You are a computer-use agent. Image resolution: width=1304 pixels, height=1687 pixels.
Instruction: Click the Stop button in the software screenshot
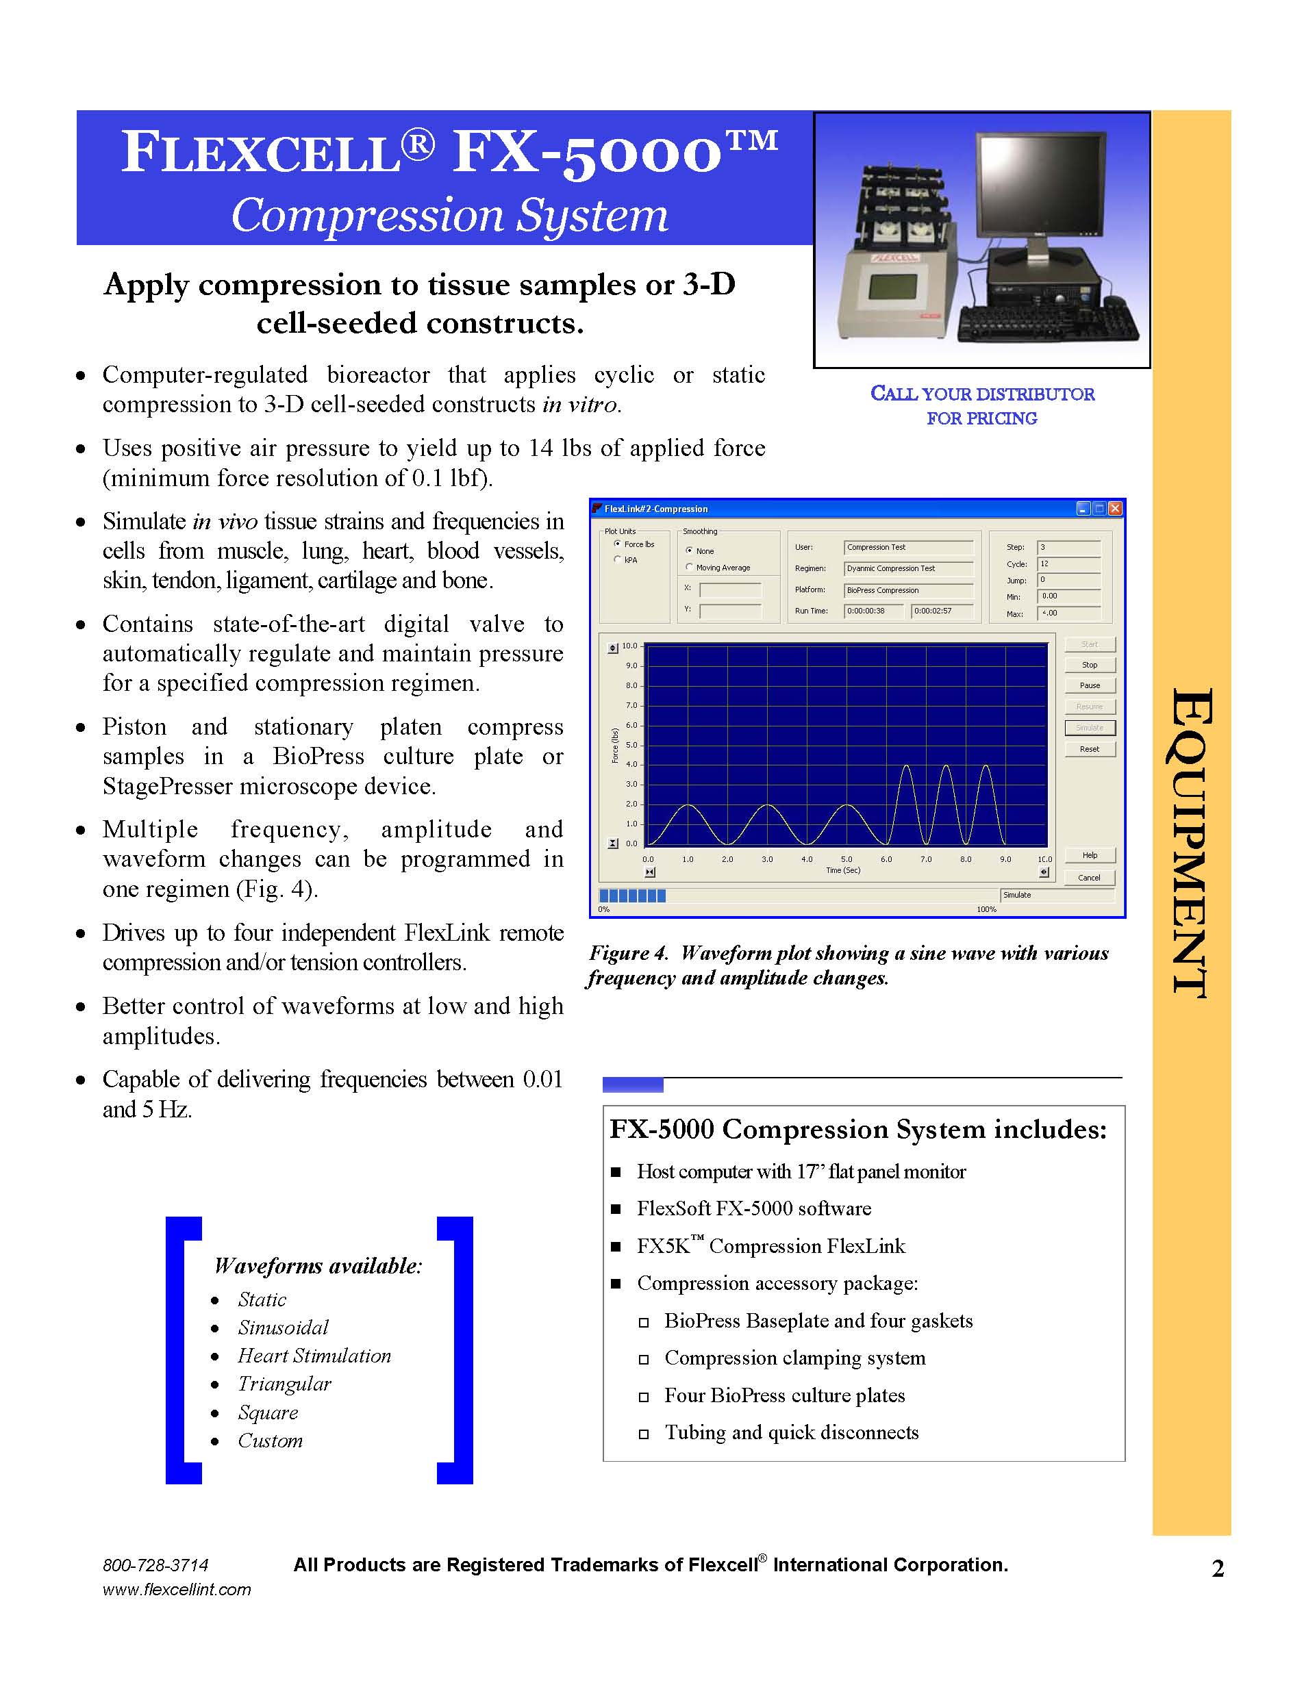tap(1089, 665)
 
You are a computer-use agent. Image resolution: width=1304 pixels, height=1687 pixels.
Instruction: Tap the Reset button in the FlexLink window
tap(1089, 749)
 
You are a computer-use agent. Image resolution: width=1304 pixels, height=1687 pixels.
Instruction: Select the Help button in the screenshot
tap(1089, 855)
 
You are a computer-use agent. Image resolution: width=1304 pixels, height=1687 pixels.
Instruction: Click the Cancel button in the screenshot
tap(1089, 878)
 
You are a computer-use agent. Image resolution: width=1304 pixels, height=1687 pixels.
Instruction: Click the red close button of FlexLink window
tap(1115, 508)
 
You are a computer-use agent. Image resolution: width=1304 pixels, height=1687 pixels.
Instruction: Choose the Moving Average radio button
tap(689, 567)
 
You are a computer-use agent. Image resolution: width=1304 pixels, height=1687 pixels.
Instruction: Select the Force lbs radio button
tap(617, 544)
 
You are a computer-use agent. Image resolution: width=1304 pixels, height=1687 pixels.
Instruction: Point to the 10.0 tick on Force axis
tap(630, 646)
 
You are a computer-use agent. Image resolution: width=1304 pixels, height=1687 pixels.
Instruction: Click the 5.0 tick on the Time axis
tap(847, 859)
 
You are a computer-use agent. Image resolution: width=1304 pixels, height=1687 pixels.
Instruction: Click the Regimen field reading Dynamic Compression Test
tap(907, 568)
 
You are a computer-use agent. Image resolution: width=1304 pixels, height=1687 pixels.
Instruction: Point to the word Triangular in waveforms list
tap(284, 1384)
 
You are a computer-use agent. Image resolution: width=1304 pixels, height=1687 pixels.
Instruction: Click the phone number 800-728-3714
tap(155, 1566)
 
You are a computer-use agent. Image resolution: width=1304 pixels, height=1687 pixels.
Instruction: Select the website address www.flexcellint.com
tap(177, 1590)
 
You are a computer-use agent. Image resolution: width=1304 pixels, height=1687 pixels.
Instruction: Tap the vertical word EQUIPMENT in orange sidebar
tap(1190, 842)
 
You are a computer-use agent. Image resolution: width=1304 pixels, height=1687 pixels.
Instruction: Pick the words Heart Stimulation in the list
tap(314, 1356)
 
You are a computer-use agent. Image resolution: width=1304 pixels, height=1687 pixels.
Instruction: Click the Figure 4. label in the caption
tap(628, 953)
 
